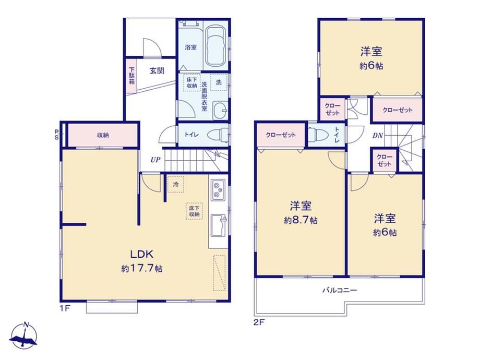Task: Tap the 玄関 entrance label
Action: point(157,71)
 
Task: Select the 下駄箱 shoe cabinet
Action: point(131,76)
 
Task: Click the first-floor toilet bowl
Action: point(218,135)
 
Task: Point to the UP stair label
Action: point(155,160)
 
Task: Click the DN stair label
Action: point(378,135)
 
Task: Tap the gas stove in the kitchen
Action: point(218,190)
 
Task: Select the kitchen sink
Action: point(219,225)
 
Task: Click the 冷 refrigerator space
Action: point(176,184)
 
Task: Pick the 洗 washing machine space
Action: point(219,82)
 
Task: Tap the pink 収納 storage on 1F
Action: point(103,135)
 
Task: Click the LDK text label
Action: point(142,254)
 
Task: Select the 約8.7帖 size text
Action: point(301,220)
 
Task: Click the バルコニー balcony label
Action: point(340,290)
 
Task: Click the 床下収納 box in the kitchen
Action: point(195,211)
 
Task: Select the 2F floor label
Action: point(259,322)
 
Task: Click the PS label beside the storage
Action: point(57,135)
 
